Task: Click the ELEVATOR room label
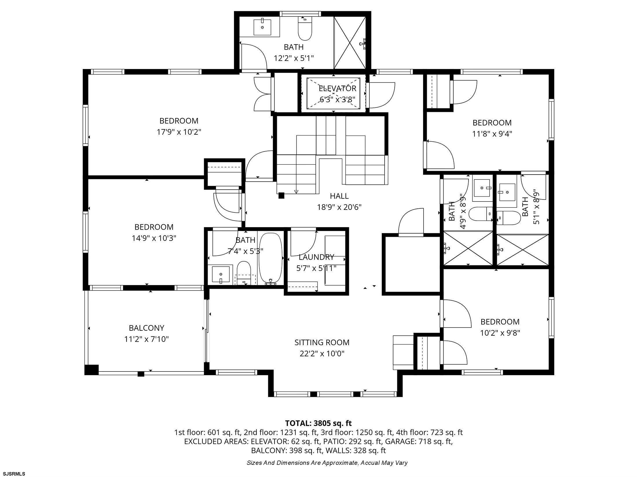tap(337, 88)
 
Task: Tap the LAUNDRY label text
tap(316, 257)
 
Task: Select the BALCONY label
tap(147, 328)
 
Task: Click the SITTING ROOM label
tap(322, 342)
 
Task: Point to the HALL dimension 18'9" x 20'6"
tap(339, 207)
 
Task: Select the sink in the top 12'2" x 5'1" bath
tap(262, 27)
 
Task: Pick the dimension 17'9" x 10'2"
tap(179, 132)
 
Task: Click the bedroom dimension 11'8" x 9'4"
tap(492, 134)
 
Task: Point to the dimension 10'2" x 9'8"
tap(500, 333)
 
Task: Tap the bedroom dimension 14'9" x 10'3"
tap(154, 238)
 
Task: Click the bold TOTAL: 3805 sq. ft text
tap(318, 423)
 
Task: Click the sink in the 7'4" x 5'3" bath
tap(221, 274)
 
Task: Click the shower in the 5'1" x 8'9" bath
tap(523, 249)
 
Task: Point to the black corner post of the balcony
tap(91, 370)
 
